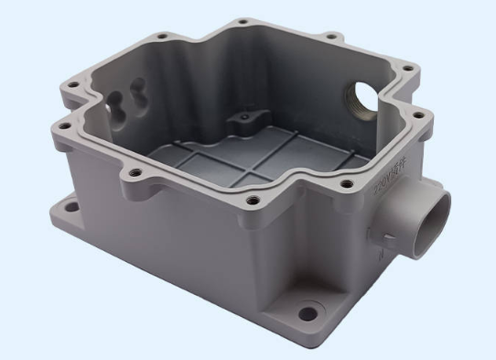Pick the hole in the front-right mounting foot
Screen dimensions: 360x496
tap(308, 314)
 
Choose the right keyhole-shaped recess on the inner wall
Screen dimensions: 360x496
tap(138, 90)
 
